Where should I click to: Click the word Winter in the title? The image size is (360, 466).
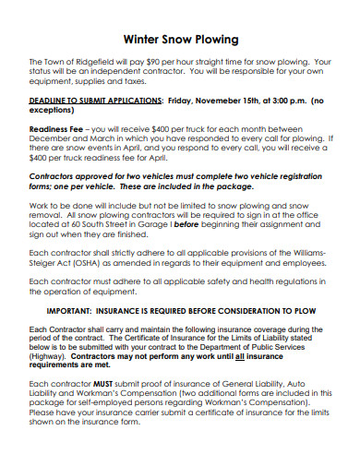[x=142, y=40]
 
